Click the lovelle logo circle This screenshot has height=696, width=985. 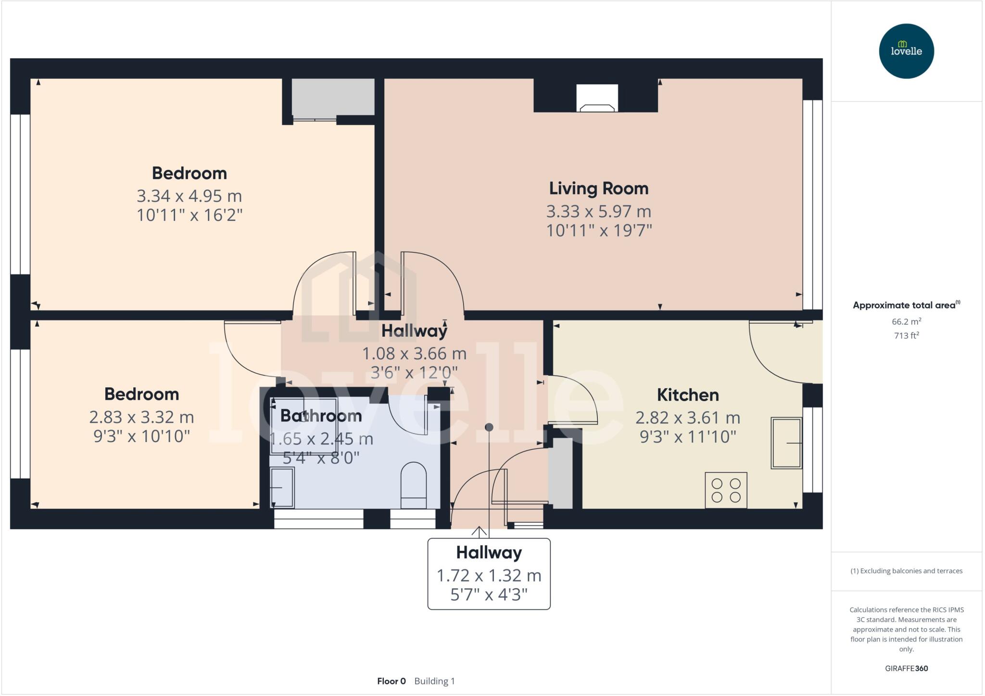point(906,51)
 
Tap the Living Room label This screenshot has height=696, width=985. point(599,189)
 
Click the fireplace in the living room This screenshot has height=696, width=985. point(597,99)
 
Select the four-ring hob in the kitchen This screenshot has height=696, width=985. point(726,490)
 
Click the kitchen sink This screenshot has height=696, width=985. point(786,443)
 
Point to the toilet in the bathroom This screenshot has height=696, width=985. point(414,485)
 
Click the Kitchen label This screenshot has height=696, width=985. point(688,395)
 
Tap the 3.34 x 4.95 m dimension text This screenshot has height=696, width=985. point(189,196)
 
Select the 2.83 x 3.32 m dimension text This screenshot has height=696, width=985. point(141,417)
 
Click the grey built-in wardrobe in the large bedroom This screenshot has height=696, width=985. point(333,97)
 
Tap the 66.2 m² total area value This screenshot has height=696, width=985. point(906,322)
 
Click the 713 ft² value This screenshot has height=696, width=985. point(906,336)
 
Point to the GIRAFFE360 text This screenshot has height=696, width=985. point(906,668)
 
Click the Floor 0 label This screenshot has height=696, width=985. point(391,681)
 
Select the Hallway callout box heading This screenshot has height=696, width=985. point(489,553)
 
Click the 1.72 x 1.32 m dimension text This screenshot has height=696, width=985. point(489,576)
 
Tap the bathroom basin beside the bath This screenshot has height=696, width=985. point(282,488)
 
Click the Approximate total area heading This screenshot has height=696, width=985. point(904,305)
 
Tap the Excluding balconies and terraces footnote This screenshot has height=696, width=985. point(906,571)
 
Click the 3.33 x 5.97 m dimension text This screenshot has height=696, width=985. point(599,212)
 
